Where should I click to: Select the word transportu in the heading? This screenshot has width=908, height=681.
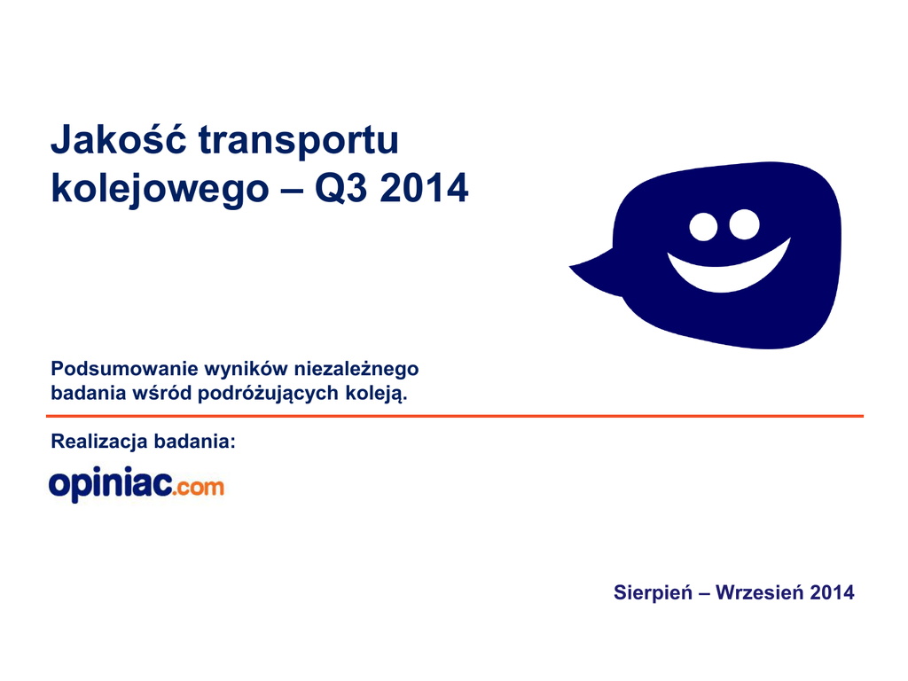(299, 139)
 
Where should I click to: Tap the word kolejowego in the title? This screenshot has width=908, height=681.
(160, 189)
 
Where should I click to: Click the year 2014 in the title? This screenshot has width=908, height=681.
(424, 188)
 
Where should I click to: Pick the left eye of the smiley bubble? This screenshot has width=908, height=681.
(703, 226)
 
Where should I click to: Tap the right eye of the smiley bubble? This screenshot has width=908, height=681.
(744, 224)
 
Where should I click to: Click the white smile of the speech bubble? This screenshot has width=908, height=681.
(729, 271)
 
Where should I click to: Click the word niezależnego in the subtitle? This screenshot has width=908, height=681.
(356, 370)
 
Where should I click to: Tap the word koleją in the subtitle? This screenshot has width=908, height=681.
(376, 394)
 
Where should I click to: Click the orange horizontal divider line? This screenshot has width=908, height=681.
(455, 416)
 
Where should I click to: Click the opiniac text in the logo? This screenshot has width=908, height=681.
(111, 484)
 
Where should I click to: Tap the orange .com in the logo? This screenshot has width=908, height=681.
(199, 487)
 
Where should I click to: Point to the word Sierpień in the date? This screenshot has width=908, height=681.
(653, 592)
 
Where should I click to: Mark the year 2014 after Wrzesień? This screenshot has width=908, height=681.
(832, 592)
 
